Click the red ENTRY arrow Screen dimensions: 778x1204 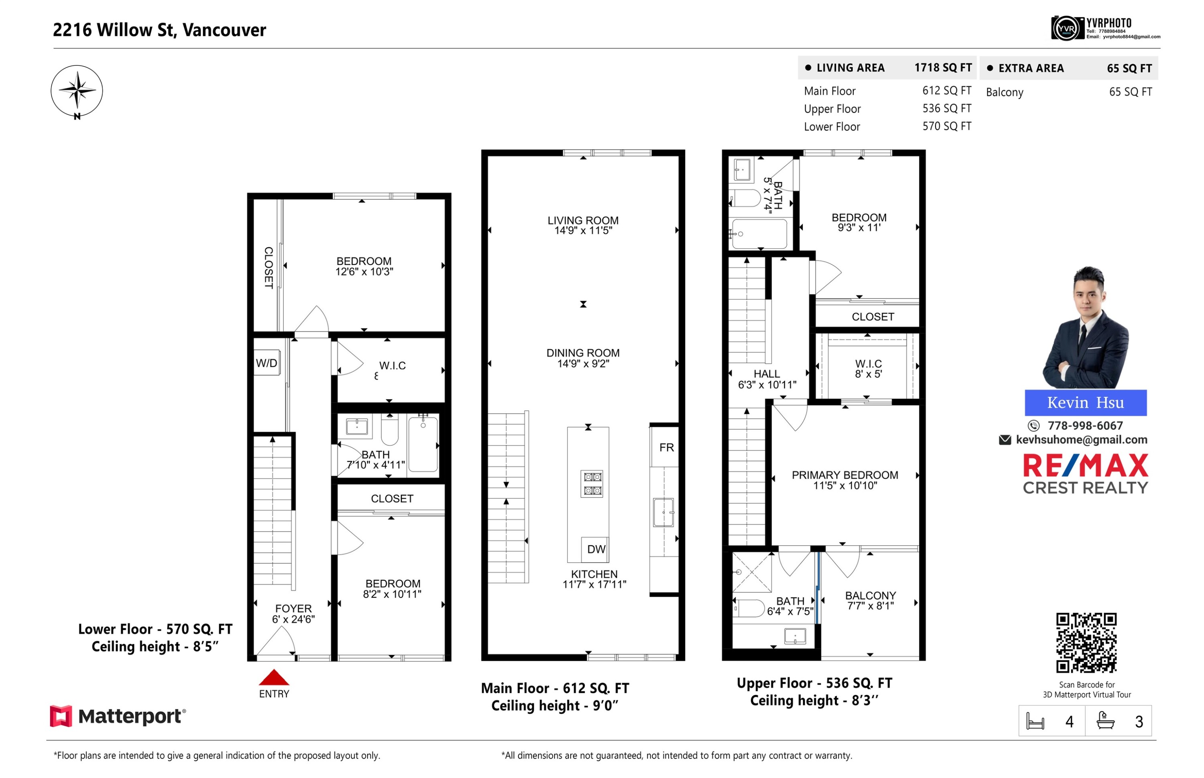pyautogui.click(x=273, y=676)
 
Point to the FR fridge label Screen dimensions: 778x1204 pyautogui.click(x=666, y=447)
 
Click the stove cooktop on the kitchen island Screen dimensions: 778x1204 pyautogui.click(x=592, y=483)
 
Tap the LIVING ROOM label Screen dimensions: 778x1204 pyautogui.click(x=583, y=220)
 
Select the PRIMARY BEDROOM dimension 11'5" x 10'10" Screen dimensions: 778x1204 pyautogui.click(x=845, y=485)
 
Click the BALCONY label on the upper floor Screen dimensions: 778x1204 pyautogui.click(x=870, y=595)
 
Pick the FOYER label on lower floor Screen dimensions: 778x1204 pyautogui.click(x=293, y=608)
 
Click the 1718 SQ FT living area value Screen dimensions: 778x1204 pyautogui.click(x=942, y=68)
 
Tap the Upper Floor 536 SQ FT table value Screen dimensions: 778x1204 pyautogui.click(x=946, y=108)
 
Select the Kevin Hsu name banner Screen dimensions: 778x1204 pyautogui.click(x=1085, y=402)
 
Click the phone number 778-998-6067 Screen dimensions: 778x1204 pyautogui.click(x=1085, y=425)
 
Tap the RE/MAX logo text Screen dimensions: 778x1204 pyautogui.click(x=1085, y=465)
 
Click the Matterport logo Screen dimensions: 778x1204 pyautogui.click(x=118, y=716)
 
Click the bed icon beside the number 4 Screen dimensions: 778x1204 pyautogui.click(x=1034, y=721)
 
